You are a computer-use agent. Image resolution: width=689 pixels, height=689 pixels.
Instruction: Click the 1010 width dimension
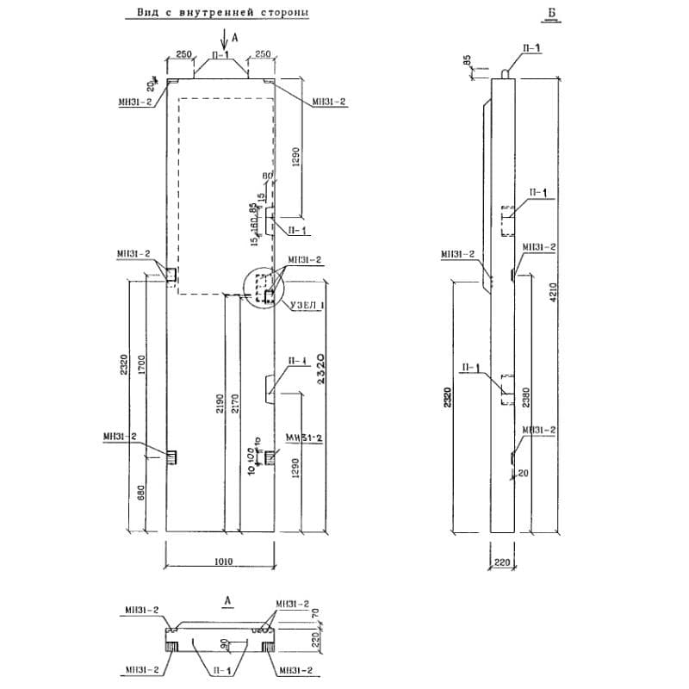(x=223, y=561)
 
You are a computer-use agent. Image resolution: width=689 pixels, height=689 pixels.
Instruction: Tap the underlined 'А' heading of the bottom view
(x=226, y=599)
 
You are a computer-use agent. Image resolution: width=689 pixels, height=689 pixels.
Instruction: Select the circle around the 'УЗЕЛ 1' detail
(x=264, y=289)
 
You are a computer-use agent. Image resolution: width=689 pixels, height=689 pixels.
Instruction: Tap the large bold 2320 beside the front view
(x=320, y=372)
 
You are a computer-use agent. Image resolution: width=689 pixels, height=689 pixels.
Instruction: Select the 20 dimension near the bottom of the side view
(x=524, y=473)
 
